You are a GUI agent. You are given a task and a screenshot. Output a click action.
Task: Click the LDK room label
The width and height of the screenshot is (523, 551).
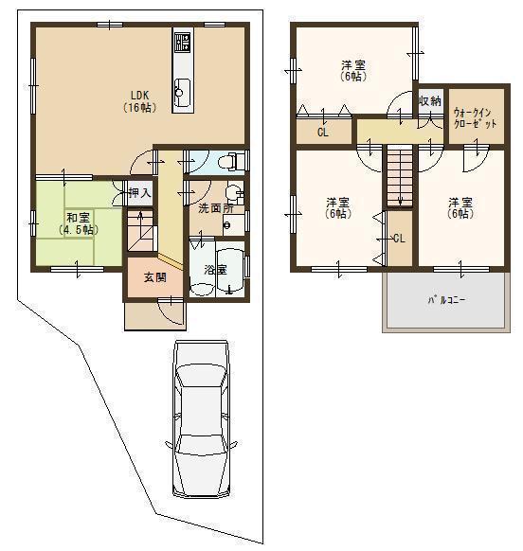coord(138,100)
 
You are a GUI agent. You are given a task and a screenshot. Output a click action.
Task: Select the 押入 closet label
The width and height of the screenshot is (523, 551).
coord(139,193)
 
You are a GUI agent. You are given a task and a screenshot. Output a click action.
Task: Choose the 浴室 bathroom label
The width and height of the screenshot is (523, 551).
coord(215,270)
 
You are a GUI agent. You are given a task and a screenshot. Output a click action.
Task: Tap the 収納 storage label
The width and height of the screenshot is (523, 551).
coord(429,101)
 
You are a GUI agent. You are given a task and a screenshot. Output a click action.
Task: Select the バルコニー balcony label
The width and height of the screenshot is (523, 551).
coord(446,299)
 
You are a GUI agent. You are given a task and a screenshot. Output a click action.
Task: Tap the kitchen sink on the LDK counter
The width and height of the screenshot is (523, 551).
coord(181,92)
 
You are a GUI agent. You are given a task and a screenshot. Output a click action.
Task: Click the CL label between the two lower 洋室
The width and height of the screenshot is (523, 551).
coord(398,238)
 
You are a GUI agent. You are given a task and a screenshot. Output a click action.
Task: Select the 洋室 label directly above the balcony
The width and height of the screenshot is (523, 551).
coord(460,208)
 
